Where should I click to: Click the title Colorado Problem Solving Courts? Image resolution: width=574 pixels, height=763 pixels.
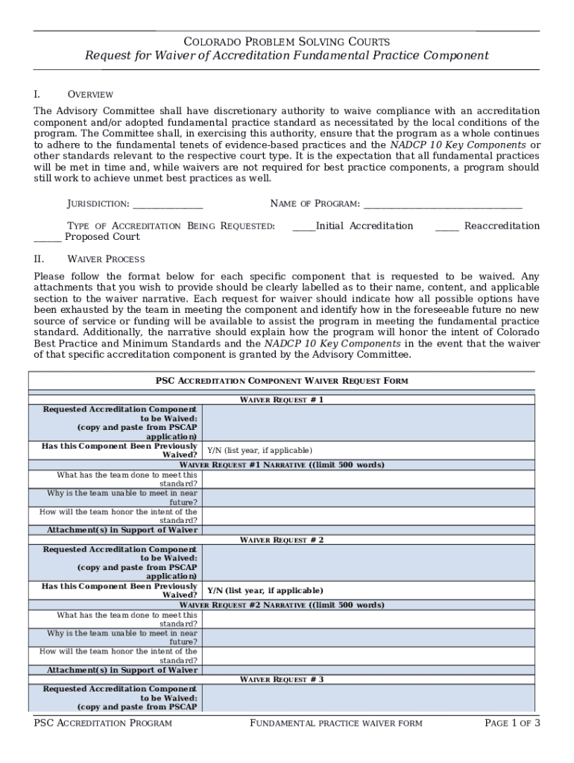286,42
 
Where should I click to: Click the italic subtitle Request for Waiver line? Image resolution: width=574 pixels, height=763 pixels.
286,56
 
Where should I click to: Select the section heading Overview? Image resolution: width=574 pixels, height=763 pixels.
90,95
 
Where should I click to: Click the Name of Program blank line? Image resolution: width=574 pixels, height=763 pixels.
442,204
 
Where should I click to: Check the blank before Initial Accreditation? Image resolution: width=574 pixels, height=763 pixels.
303,227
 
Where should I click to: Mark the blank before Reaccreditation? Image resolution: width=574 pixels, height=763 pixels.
447,227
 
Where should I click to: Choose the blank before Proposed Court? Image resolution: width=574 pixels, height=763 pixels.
48,238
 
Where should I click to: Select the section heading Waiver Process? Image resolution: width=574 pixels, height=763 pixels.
106,259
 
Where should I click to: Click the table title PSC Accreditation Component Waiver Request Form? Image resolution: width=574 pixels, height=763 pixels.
282,381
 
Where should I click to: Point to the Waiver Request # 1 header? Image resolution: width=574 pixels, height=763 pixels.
281,400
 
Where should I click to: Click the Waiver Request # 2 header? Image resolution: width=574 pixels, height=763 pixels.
281,540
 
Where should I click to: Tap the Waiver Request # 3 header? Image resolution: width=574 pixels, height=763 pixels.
281,680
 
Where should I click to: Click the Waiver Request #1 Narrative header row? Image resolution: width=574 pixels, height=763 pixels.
282,465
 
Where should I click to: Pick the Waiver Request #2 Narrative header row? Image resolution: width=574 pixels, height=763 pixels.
282,605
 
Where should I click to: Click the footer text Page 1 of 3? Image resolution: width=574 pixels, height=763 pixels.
511,724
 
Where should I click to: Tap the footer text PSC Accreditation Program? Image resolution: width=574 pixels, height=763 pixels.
103,724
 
